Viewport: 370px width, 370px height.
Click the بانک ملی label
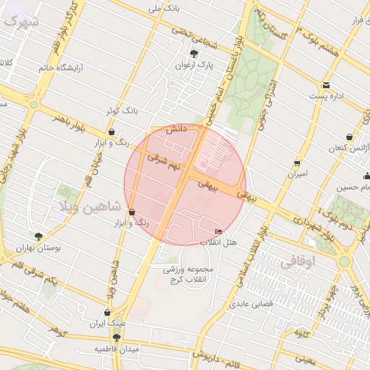(x=162, y=9)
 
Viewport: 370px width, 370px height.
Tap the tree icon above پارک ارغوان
(x=194, y=53)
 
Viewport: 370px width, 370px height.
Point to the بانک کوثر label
(x=120, y=111)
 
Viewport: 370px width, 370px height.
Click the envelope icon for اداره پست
(x=326, y=85)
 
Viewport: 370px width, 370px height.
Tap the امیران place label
(x=297, y=174)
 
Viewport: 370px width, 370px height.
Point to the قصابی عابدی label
(x=251, y=304)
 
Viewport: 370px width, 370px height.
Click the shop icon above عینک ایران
(x=108, y=313)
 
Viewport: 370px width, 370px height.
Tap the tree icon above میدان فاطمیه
(x=116, y=337)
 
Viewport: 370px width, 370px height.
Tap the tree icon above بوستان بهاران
(x=38, y=236)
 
